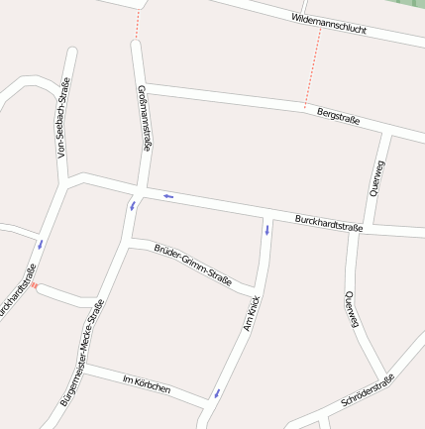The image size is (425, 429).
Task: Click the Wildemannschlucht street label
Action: click(x=329, y=25)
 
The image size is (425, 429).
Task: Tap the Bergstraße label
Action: click(x=337, y=117)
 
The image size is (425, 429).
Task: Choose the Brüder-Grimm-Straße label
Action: click(x=192, y=264)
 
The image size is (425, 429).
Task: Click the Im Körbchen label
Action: click(x=146, y=384)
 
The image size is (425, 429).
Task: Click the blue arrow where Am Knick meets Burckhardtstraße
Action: click(x=267, y=231)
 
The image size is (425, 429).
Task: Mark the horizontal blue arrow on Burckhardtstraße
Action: click(x=168, y=195)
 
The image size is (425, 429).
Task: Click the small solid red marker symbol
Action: click(x=35, y=285)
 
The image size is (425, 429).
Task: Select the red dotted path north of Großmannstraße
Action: click(x=138, y=25)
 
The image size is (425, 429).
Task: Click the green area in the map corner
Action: click(x=410, y=5)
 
